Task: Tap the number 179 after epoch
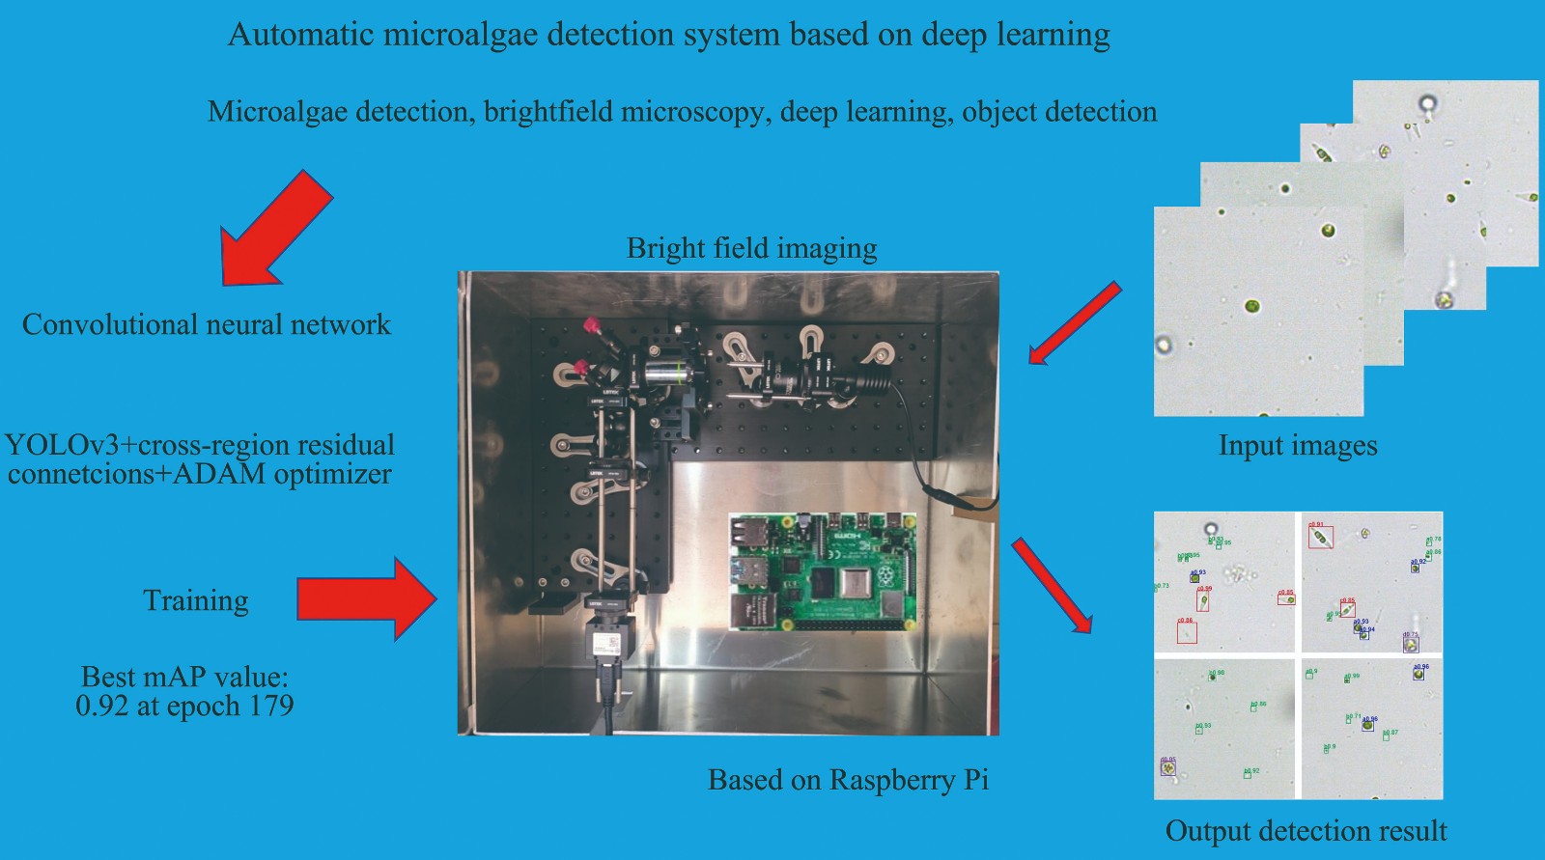(x=271, y=706)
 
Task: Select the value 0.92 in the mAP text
(x=101, y=706)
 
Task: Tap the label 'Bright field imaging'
(x=751, y=248)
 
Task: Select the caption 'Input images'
(x=1297, y=445)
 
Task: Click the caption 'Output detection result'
(x=1306, y=831)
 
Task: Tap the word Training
(x=196, y=600)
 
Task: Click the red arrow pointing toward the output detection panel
(x=1053, y=587)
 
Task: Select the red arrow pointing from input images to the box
(x=1074, y=323)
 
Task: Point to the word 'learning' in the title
(x=1053, y=35)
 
